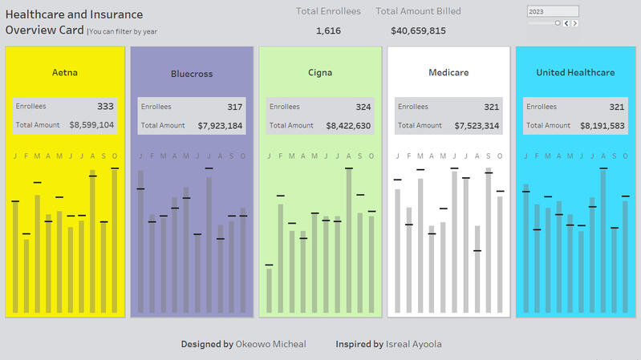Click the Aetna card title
point(65,73)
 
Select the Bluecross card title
point(192,75)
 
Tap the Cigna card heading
point(320,73)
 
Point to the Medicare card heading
point(448,73)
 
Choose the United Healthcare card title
point(575,73)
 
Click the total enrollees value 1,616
point(328,31)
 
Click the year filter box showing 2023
point(552,12)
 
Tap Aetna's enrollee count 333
point(105,106)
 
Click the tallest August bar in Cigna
point(349,241)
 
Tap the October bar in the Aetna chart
point(115,241)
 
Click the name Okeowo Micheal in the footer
point(270,344)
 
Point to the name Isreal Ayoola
point(413,344)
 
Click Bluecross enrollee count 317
point(234,107)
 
